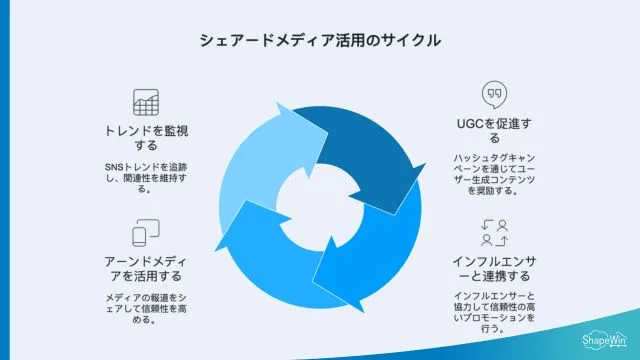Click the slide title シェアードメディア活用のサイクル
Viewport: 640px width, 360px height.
(320, 41)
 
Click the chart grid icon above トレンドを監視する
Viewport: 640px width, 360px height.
(146, 102)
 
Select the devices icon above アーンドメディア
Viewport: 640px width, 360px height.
(146, 233)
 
